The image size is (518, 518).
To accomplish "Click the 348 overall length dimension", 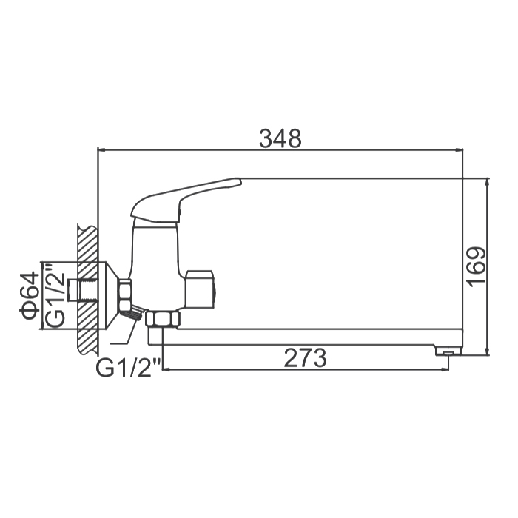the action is click(280, 139).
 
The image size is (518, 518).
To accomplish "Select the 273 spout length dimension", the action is click(306, 357).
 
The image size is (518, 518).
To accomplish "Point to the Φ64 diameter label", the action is click(29, 296).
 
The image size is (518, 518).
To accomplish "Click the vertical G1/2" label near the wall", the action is click(54, 295).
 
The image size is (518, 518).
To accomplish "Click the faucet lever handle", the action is click(186, 201).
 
